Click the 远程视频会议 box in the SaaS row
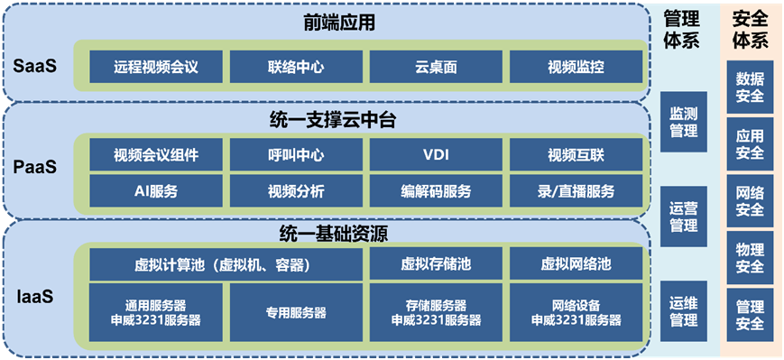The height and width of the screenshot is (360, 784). [x=156, y=67]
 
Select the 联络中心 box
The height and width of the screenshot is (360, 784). [x=297, y=67]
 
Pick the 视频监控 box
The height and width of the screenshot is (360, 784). [x=576, y=67]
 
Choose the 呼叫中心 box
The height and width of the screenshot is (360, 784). [x=297, y=154]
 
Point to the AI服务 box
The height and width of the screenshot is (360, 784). [x=156, y=190]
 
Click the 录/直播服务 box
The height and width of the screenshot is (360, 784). [x=576, y=190]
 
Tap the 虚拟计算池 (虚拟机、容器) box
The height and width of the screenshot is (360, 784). [x=226, y=264]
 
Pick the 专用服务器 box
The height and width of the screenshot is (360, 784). [x=297, y=312]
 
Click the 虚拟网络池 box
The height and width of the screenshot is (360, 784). [x=576, y=264]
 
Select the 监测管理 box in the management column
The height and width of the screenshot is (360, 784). [x=683, y=123]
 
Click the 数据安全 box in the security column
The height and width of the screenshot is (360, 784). [x=750, y=88]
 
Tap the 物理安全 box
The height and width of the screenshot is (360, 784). [x=750, y=258]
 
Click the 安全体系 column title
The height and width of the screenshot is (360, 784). [x=750, y=30]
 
